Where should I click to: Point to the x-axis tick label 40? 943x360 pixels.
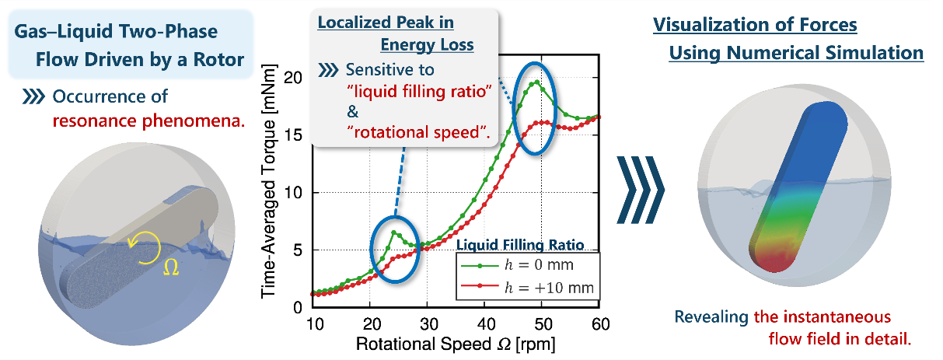(x=485, y=323)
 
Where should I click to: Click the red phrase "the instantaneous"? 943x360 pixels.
(x=823, y=318)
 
